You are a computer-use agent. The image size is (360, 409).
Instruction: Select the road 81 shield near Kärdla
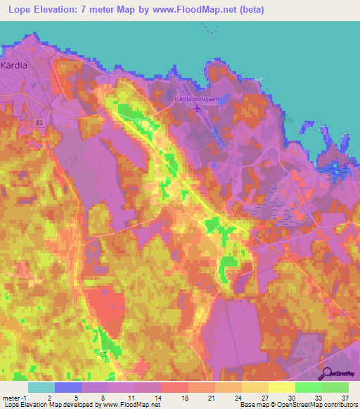coord(40,122)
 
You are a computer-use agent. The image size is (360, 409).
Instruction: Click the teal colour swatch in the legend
coord(41,387)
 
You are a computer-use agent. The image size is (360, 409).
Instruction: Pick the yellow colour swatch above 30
coord(281,387)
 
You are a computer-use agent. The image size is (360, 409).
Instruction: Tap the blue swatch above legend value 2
coord(67,387)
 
